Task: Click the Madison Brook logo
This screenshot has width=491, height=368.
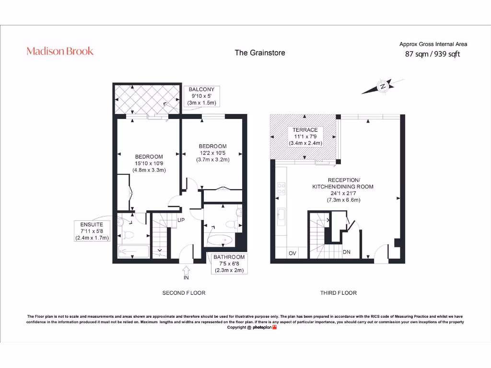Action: click(x=60, y=51)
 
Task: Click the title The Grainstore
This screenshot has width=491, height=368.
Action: click(x=259, y=53)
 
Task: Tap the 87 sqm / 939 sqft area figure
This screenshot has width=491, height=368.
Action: click(x=433, y=54)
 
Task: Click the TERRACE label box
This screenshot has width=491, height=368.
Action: click(x=305, y=137)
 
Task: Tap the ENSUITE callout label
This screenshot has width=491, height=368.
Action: click(x=92, y=231)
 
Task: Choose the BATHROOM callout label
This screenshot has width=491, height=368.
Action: click(x=229, y=264)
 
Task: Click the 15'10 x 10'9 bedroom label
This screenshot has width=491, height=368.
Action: click(x=149, y=163)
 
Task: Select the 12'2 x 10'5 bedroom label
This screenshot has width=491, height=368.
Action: click(x=212, y=153)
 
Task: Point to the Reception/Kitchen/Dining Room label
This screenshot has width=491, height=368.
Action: click(x=343, y=190)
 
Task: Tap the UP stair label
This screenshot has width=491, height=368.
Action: click(x=181, y=220)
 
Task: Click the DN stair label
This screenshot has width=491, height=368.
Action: click(x=347, y=252)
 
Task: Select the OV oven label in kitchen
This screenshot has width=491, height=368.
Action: click(x=292, y=253)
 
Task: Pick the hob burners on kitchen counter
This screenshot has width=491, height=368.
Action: click(x=281, y=190)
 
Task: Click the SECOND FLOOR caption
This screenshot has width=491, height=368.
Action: click(x=184, y=293)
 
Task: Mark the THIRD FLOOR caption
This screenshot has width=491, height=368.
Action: click(x=339, y=293)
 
